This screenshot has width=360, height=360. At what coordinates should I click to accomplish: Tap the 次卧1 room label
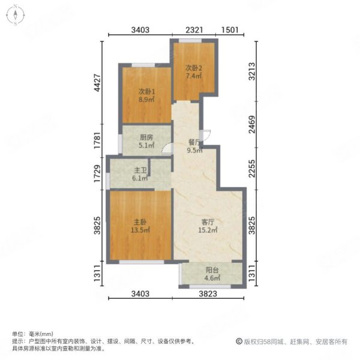(x=147, y=91)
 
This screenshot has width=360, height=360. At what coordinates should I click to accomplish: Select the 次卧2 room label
(x=193, y=68)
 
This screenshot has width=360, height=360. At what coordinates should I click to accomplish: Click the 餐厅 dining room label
(x=193, y=142)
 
